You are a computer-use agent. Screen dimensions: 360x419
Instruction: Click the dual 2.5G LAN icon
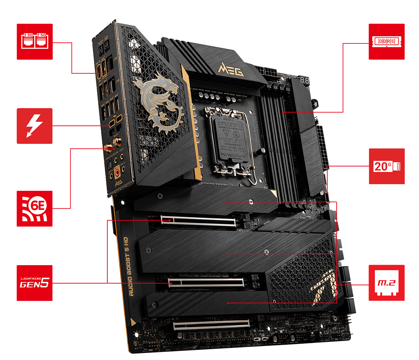point(35,41)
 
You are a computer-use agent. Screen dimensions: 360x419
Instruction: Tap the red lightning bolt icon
point(35,126)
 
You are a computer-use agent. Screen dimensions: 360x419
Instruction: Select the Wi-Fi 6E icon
point(35,208)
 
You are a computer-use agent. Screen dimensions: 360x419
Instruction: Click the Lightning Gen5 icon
point(35,283)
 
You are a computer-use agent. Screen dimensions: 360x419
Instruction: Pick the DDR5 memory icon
point(387,41)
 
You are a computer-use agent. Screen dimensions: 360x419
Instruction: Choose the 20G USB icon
point(387,166)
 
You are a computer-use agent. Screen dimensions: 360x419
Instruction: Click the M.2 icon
point(387,283)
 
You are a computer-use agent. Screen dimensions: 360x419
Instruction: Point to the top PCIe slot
point(198,220)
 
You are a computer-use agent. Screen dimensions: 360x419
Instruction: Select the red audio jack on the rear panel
point(117,171)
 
